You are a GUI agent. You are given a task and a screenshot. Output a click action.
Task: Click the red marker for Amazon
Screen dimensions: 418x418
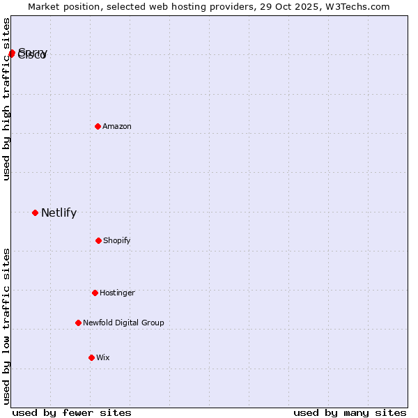click(x=98, y=126)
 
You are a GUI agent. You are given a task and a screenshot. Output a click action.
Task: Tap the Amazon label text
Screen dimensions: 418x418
click(x=117, y=126)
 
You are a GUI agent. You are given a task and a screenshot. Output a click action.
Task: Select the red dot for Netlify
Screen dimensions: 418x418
click(x=35, y=212)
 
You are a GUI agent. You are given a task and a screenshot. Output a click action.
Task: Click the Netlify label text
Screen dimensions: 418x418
click(x=59, y=213)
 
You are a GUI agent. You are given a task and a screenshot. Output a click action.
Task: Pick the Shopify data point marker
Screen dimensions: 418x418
click(x=98, y=240)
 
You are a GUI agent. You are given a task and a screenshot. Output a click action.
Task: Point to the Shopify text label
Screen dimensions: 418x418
click(x=117, y=241)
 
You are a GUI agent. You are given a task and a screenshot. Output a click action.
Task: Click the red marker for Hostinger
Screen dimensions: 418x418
click(x=95, y=293)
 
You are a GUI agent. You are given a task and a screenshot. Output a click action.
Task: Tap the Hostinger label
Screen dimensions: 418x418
click(x=117, y=293)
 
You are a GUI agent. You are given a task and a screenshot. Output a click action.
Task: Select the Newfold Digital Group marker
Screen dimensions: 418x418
click(x=78, y=323)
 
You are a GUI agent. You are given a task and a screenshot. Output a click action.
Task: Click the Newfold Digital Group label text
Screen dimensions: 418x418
click(x=123, y=323)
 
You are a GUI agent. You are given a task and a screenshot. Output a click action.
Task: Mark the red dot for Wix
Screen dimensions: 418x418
click(x=91, y=357)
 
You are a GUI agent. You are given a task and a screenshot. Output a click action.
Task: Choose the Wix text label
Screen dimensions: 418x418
click(x=103, y=358)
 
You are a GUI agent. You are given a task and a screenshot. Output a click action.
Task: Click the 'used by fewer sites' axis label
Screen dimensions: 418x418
click(x=72, y=413)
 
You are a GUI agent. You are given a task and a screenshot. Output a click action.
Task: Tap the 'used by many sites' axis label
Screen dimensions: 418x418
click(x=350, y=413)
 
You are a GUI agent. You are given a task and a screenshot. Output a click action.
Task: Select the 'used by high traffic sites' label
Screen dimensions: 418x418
click(x=7, y=99)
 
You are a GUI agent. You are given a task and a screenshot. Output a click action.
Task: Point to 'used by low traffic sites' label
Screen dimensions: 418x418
click(x=7, y=326)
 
